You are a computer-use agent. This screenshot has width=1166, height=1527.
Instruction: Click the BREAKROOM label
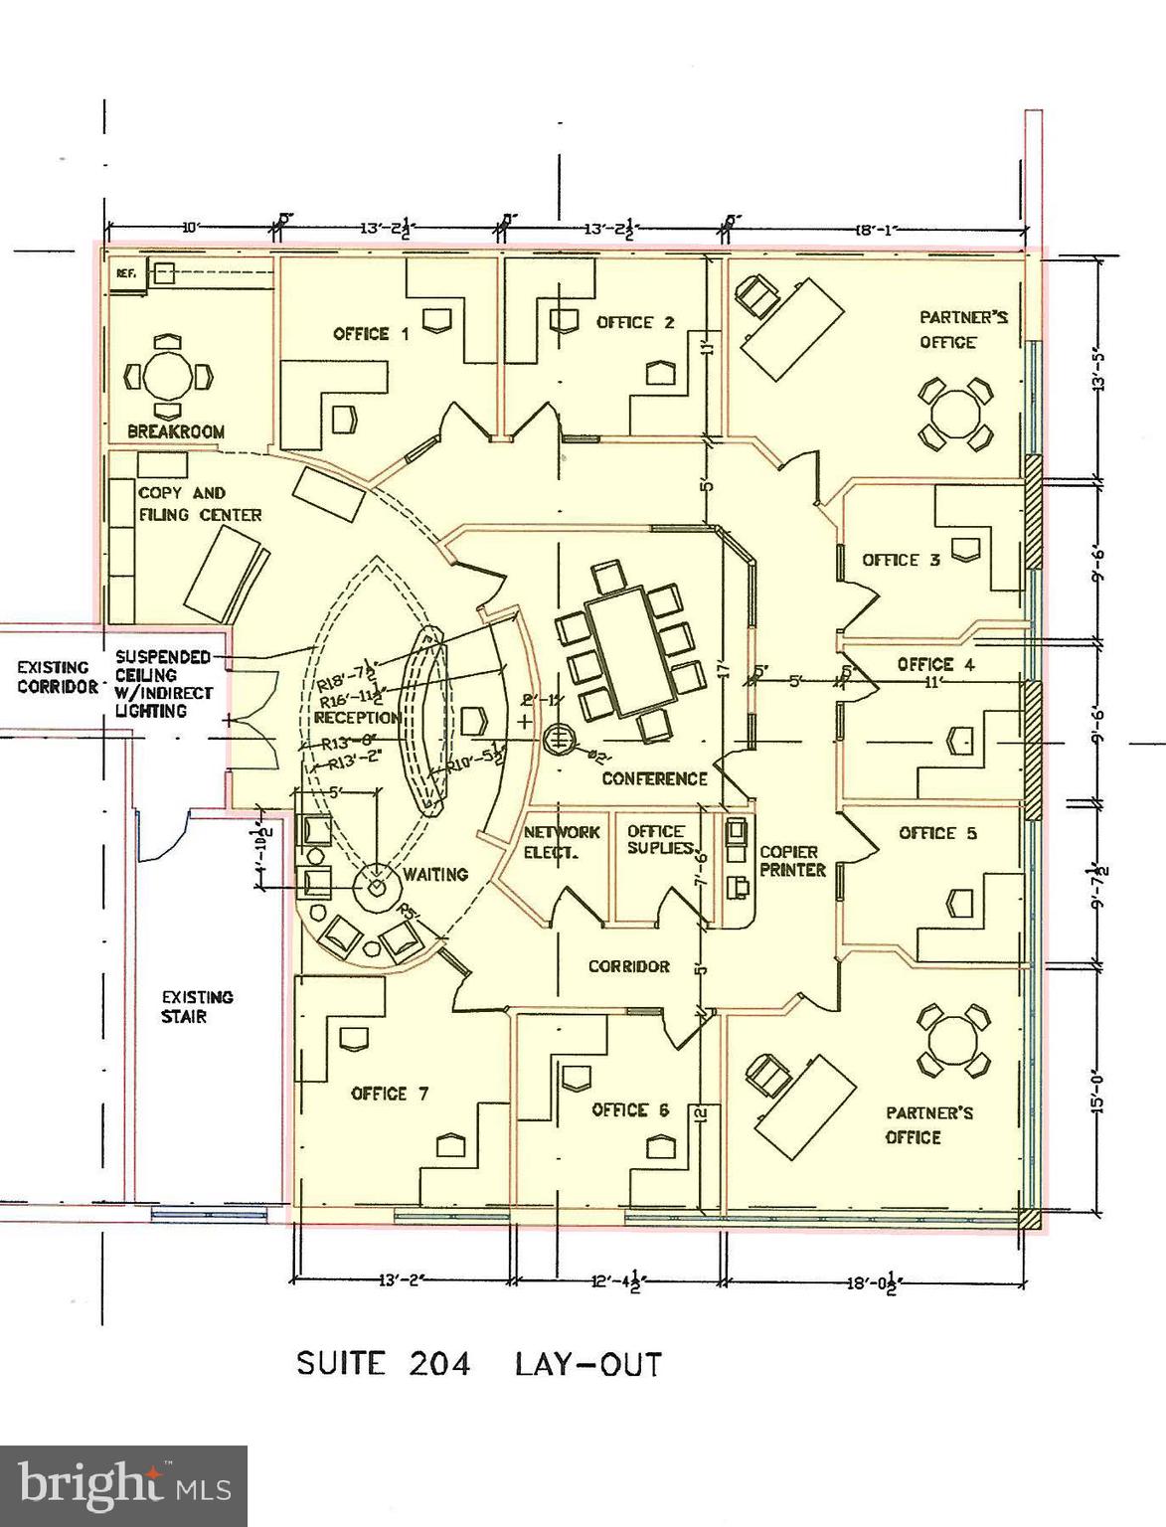(176, 431)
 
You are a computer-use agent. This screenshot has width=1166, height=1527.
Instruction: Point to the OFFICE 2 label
(635, 322)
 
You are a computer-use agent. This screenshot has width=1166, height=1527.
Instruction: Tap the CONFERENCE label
(654, 778)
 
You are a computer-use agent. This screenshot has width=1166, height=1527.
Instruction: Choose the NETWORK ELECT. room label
(562, 841)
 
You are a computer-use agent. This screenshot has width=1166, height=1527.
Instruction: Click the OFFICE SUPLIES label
(658, 840)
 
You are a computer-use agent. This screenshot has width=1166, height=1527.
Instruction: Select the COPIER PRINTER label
(792, 861)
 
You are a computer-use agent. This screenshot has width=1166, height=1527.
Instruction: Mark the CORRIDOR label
(628, 965)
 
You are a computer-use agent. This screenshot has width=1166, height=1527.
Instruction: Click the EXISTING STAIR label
(197, 1006)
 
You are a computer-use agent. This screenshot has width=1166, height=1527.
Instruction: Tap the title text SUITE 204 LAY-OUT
(478, 1363)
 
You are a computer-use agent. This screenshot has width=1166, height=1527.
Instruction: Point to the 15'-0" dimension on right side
(1098, 1091)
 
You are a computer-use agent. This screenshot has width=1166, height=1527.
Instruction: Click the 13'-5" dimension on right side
(1098, 368)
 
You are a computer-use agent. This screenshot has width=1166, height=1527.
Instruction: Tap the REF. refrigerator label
(125, 272)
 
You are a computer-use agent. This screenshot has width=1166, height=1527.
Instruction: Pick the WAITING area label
(435, 874)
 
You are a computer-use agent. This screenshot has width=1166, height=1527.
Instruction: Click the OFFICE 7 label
(390, 1094)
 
